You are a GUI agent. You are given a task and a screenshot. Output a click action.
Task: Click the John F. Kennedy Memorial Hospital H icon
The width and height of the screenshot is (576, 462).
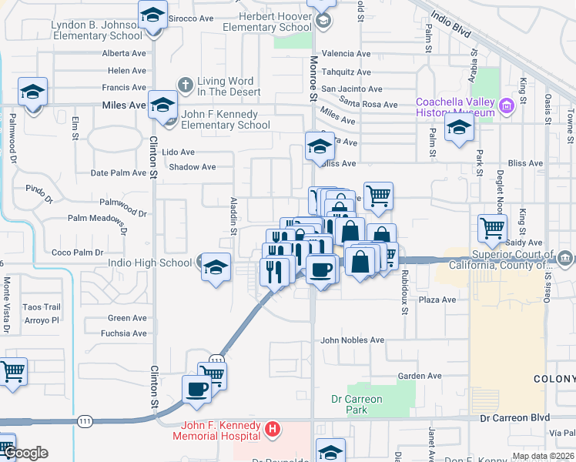271,427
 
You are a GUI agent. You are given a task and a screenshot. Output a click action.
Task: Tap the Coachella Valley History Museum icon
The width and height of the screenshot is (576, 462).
506,105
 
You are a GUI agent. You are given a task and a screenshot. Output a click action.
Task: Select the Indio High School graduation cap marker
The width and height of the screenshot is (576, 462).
216,266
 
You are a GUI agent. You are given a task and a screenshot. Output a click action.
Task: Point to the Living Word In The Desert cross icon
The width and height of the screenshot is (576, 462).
185,82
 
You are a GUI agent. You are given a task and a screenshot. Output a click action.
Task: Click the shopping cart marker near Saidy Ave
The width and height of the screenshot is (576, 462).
492,228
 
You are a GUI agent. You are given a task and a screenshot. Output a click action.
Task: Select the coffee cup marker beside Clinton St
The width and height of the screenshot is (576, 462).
196,389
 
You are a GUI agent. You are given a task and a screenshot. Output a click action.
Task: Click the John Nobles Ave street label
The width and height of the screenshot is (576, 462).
352,340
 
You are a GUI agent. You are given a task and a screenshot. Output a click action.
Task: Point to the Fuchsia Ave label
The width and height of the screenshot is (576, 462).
127,333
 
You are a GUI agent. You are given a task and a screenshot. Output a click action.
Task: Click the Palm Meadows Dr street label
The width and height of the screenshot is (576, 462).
96,220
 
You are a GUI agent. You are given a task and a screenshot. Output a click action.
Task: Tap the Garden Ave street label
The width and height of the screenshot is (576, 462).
420,376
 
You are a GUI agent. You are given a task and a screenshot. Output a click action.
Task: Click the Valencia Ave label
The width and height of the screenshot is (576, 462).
347,54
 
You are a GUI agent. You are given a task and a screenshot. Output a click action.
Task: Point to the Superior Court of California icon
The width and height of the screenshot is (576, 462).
566,257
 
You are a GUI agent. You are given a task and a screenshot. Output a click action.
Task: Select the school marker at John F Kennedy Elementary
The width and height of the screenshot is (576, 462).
162,105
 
